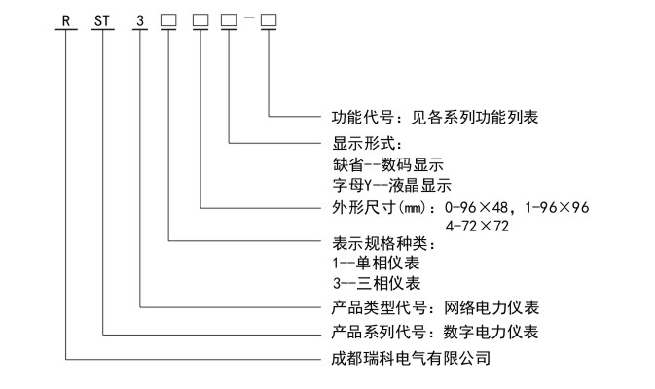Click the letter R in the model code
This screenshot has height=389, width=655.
pyautogui.click(x=65, y=18)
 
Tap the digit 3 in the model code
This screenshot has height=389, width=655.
pyautogui.click(x=142, y=18)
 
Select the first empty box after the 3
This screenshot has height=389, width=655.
pyautogui.click(x=168, y=18)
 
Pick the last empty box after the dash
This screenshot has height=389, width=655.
pyautogui.click(x=268, y=18)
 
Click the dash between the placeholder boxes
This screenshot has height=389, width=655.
pyautogui.click(x=248, y=18)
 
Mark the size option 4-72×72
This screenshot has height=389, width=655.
pyautogui.click(x=478, y=225)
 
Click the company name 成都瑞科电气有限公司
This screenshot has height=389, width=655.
pyautogui.click(x=410, y=358)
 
